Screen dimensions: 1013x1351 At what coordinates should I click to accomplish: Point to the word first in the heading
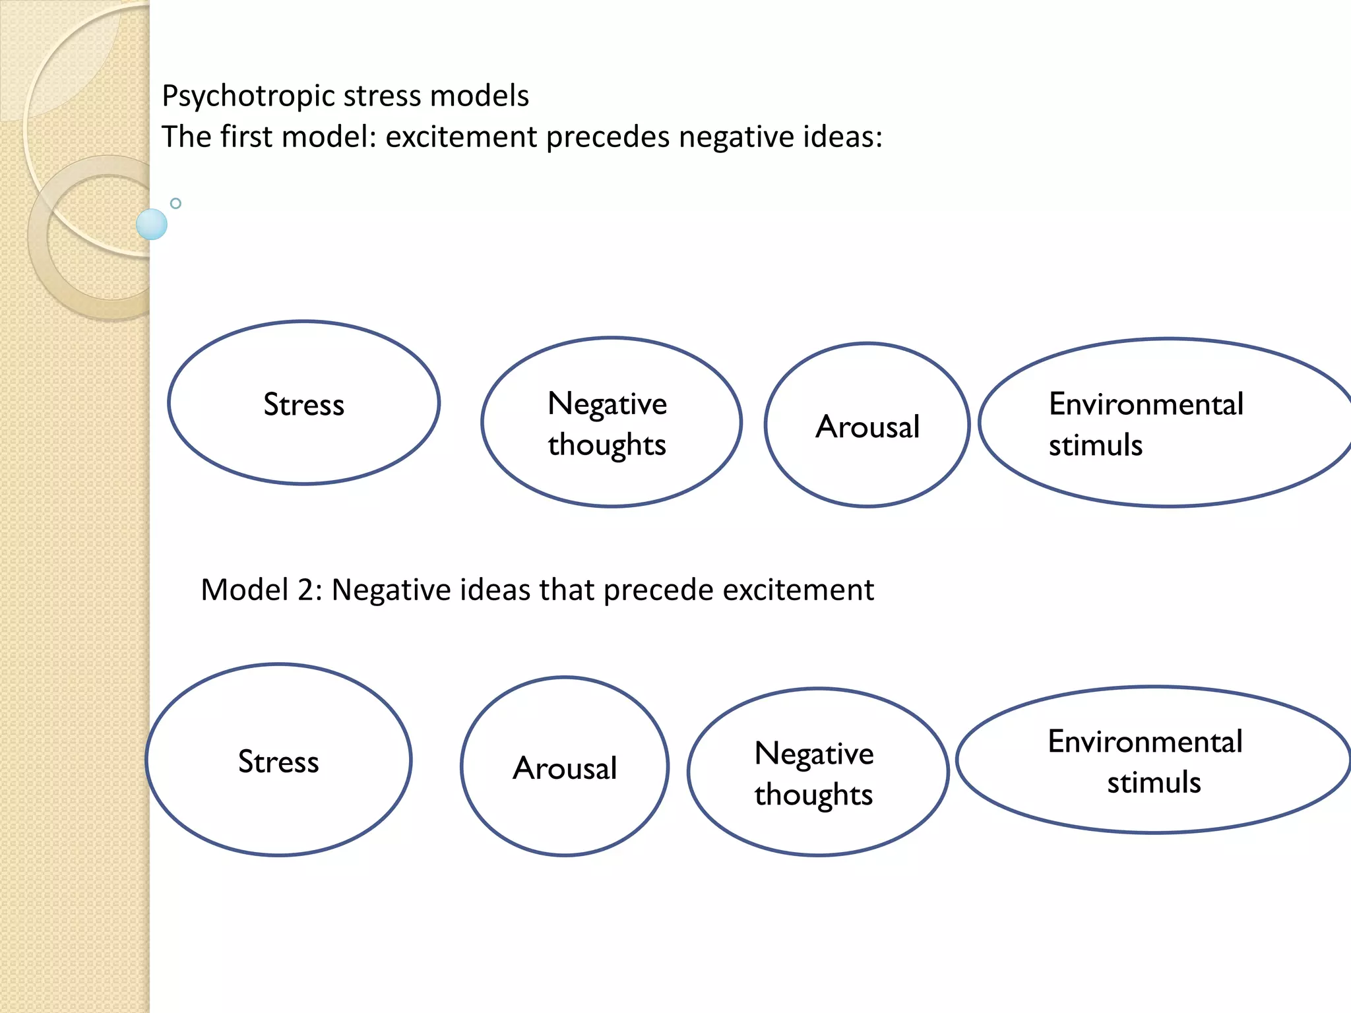click(x=245, y=137)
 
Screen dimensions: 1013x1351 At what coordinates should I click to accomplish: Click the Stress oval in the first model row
click(x=303, y=404)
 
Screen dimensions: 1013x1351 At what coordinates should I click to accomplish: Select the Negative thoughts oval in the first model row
click(x=611, y=423)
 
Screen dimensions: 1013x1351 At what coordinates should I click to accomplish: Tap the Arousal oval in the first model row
click(x=867, y=425)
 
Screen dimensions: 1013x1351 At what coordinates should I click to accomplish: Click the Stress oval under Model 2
click(x=278, y=760)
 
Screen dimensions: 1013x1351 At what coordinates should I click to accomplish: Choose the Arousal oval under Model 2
click(x=565, y=767)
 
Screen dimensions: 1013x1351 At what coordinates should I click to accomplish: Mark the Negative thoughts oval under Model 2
click(x=817, y=772)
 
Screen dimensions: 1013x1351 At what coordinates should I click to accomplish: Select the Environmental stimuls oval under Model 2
click(x=1153, y=760)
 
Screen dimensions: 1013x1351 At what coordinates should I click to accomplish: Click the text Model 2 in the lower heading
click(x=261, y=590)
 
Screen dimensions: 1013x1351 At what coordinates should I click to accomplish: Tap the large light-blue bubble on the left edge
click(x=152, y=224)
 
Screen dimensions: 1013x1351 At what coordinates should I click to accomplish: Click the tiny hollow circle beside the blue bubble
click(x=175, y=203)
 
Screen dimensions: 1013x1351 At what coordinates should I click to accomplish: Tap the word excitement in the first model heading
click(x=461, y=137)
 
